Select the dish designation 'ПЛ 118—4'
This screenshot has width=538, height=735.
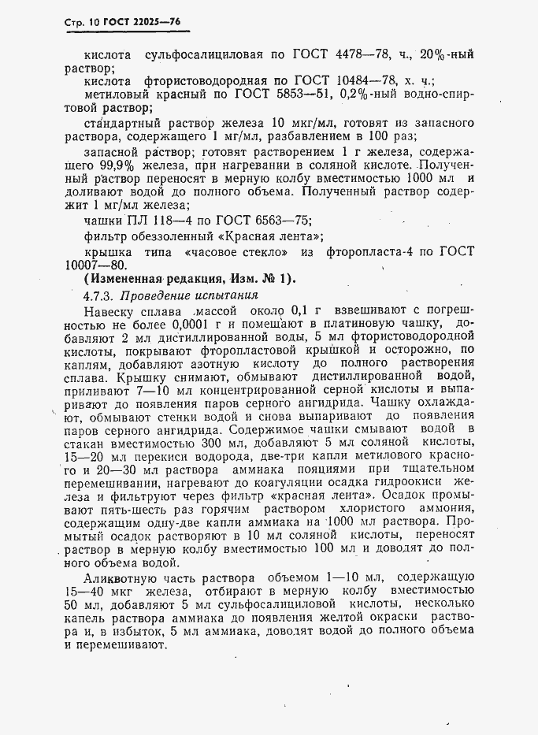(158, 220)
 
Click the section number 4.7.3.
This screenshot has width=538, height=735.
(100, 296)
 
